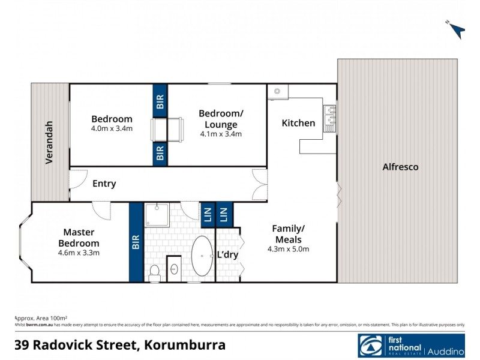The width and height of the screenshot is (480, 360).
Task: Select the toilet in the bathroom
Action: [x=154, y=273]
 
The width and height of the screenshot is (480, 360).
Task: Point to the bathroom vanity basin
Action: [x=175, y=271]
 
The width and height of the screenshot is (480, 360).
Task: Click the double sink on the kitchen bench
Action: [x=329, y=118]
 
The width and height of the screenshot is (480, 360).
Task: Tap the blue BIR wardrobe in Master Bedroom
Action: [x=136, y=242]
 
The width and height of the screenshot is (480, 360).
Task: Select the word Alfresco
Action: [x=400, y=167]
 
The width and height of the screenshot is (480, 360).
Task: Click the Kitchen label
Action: [x=298, y=123]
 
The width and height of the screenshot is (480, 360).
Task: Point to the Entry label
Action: [x=104, y=184]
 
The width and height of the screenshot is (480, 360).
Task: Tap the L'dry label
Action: [x=227, y=254]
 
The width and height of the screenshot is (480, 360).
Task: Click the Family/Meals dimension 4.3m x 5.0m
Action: [x=289, y=249]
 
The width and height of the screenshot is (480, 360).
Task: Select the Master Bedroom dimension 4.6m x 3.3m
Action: [x=79, y=253]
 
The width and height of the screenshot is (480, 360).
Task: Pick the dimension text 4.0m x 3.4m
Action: [x=112, y=128]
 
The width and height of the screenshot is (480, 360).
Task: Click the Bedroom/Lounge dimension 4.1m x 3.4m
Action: [x=221, y=134]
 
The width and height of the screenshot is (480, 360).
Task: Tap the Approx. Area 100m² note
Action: [x=41, y=317]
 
